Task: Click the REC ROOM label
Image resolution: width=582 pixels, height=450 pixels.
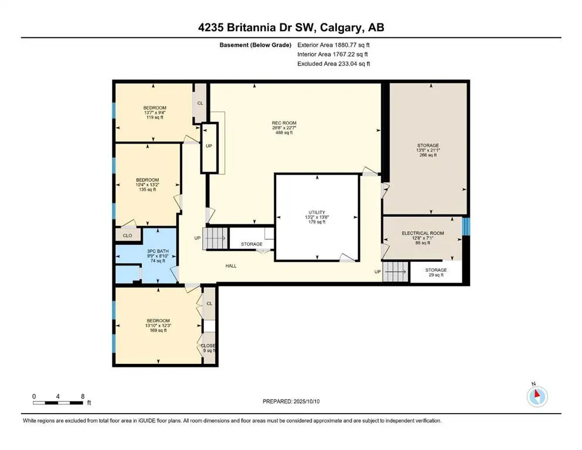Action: pyautogui.click(x=284, y=123)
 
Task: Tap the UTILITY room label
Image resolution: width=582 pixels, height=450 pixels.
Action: pyautogui.click(x=316, y=213)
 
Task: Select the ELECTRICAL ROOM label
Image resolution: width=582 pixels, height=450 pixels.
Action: pyautogui.click(x=423, y=233)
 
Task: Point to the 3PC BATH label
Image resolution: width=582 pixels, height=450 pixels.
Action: pyautogui.click(x=158, y=251)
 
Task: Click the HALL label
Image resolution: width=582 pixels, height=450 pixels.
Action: pyautogui.click(x=231, y=266)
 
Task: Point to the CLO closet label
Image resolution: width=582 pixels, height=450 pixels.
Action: pyautogui.click(x=127, y=236)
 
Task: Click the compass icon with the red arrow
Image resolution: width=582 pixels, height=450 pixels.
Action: pyautogui.click(x=537, y=396)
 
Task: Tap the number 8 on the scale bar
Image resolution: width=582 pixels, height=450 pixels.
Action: pyautogui.click(x=83, y=396)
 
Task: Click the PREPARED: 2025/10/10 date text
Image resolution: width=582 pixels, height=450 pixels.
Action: pyautogui.click(x=291, y=401)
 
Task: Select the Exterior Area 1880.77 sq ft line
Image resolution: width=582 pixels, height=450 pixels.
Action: pyautogui.click(x=333, y=45)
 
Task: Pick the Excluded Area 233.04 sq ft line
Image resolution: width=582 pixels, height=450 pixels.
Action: pyautogui.click(x=333, y=63)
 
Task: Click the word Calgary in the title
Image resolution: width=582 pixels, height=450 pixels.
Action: pyautogui.click(x=341, y=28)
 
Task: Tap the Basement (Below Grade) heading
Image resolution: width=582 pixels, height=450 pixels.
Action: pyautogui.click(x=256, y=45)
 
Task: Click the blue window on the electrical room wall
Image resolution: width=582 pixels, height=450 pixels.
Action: pyautogui.click(x=466, y=226)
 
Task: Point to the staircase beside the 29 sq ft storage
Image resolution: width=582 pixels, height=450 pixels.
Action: pyautogui.click(x=396, y=271)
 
